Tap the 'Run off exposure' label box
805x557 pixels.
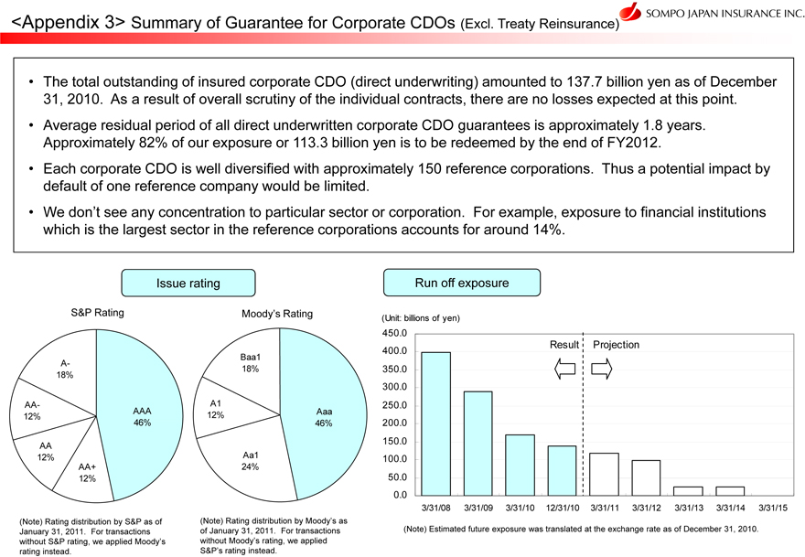tap(463, 283)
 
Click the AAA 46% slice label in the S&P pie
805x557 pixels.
tap(142, 418)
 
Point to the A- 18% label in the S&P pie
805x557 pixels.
tap(65, 369)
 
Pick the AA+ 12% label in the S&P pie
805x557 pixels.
tap(87, 472)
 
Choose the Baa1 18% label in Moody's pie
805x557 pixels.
tap(251, 363)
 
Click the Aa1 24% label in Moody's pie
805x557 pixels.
tap(250, 460)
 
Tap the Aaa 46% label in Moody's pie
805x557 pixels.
tap(323, 417)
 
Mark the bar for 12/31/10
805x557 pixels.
tap(562, 470)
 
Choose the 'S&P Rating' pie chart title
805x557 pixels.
tap(97, 313)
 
